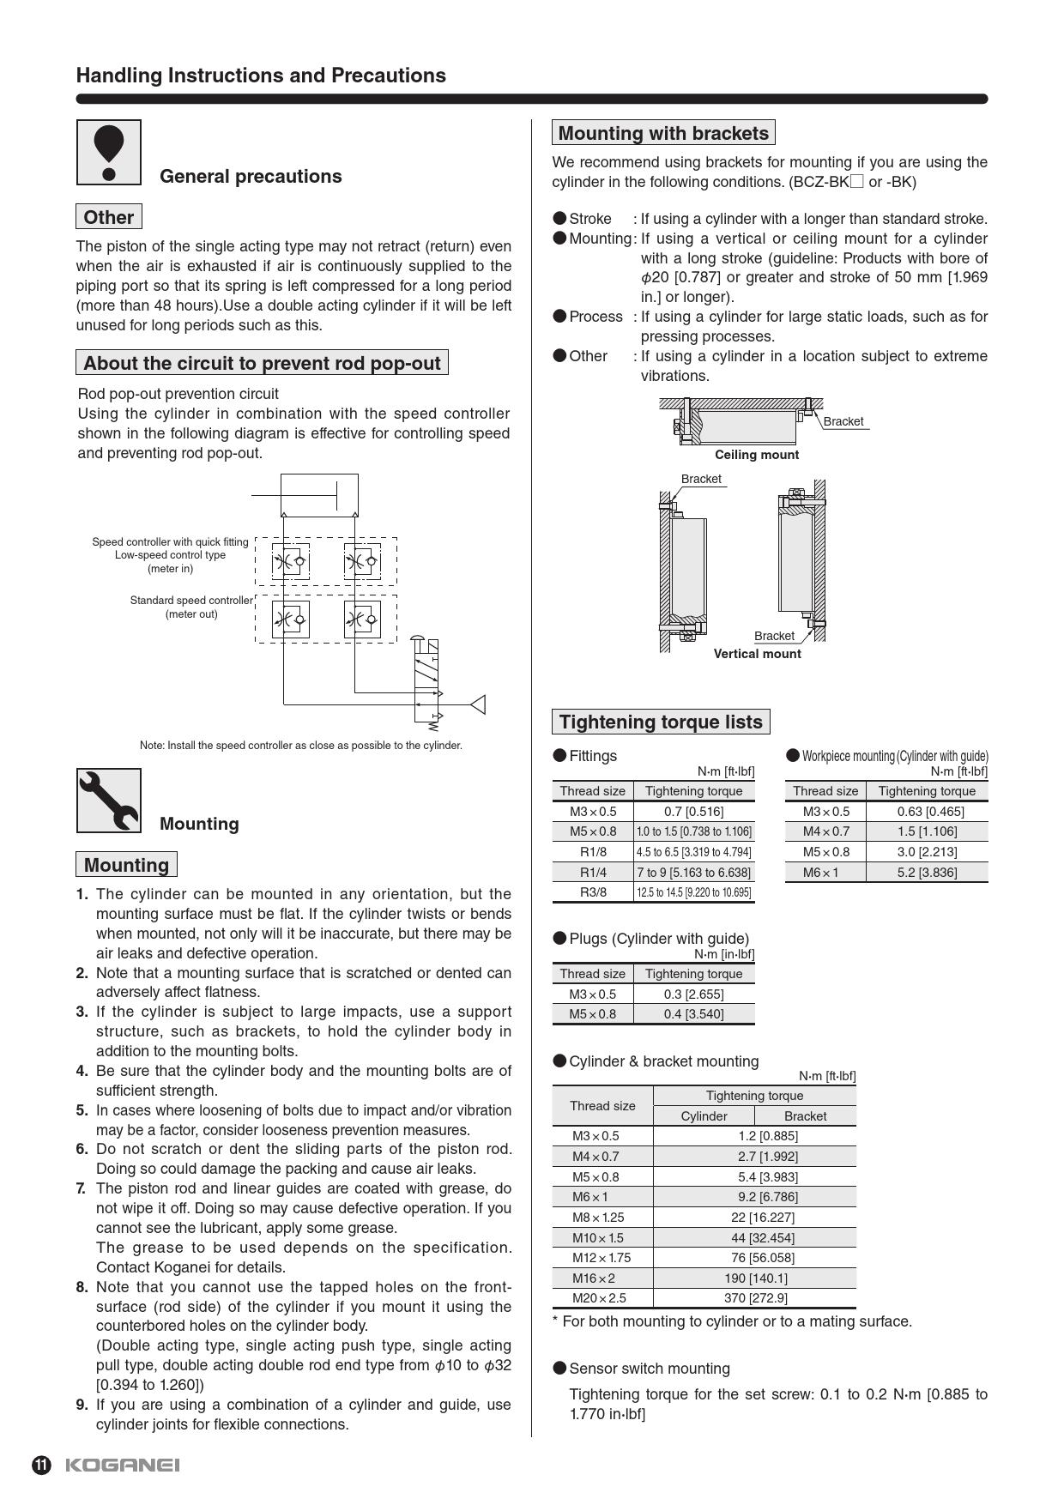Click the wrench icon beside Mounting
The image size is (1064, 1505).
[109, 801]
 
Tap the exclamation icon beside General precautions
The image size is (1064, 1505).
[109, 152]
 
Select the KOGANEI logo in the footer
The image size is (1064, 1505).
[122, 1465]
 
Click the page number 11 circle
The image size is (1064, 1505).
[41, 1465]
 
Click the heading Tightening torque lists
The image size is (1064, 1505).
[661, 722]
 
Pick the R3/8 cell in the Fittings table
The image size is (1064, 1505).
[593, 892]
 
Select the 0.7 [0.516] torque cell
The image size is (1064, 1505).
[693, 811]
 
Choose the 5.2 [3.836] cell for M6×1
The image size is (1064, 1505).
[927, 872]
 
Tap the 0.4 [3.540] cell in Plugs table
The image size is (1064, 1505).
[693, 1013]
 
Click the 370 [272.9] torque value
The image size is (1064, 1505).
[754, 1297]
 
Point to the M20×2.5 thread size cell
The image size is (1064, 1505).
[599, 1297]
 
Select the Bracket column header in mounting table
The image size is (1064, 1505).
[805, 1115]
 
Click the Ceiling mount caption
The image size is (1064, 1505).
[757, 455]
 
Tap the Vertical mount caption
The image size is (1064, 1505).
[757, 654]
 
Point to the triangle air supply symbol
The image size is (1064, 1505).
[478, 704]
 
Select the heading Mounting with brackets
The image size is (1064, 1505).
[663, 133]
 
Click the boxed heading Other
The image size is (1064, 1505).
[108, 217]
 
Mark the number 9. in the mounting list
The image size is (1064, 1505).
[82, 1405]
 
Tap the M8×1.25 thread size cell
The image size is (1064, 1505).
[598, 1217]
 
